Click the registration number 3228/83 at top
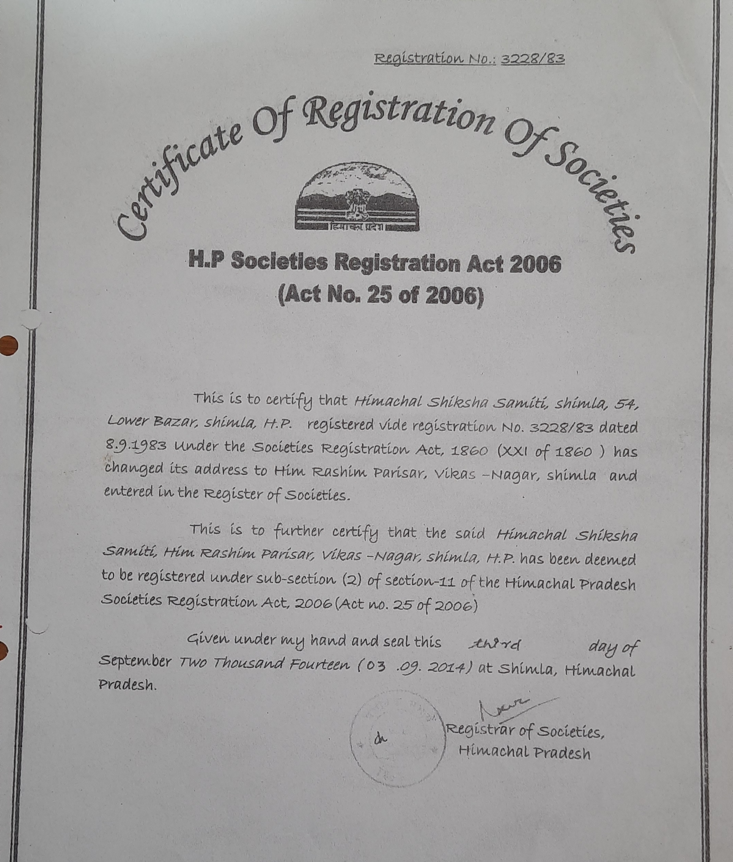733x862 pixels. click(x=533, y=59)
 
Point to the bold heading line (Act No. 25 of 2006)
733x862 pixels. click(x=380, y=296)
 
